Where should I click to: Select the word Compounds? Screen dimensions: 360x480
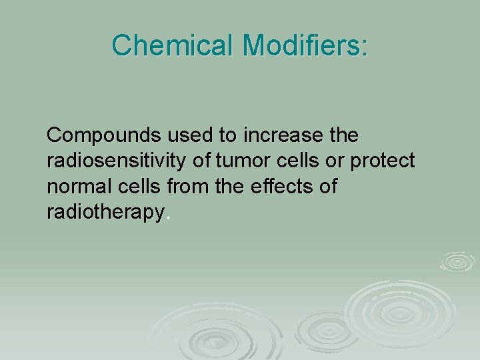pos(104,135)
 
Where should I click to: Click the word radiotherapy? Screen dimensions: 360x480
pos(105,212)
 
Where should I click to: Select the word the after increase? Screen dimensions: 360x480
pos(344,135)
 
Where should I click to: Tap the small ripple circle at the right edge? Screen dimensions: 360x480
pos(457,261)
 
